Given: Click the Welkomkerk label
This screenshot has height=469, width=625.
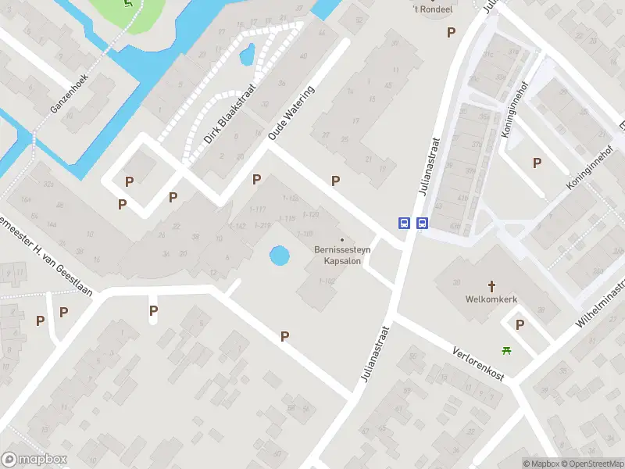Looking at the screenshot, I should pyautogui.click(x=492, y=299).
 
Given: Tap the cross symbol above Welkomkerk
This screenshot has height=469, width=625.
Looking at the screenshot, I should pyautogui.click(x=492, y=286).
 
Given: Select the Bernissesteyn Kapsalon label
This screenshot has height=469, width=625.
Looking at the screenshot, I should pyautogui.click(x=342, y=255).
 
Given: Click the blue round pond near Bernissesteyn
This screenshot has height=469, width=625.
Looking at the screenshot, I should pyautogui.click(x=278, y=255).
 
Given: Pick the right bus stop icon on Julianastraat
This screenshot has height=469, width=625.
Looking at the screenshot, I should pyautogui.click(x=423, y=223).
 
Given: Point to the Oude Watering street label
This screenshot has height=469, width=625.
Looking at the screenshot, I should pyautogui.click(x=291, y=114).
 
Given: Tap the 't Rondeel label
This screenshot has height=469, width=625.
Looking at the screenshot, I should pyautogui.click(x=435, y=9).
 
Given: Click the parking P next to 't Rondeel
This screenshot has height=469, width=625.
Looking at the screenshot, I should pyautogui.click(x=451, y=32).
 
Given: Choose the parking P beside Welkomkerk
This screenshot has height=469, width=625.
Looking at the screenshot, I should pyautogui.click(x=520, y=324).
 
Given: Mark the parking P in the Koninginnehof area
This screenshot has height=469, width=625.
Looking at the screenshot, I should pyautogui.click(x=537, y=163).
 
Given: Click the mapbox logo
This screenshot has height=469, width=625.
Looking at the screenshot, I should pyautogui.click(x=34, y=460).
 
